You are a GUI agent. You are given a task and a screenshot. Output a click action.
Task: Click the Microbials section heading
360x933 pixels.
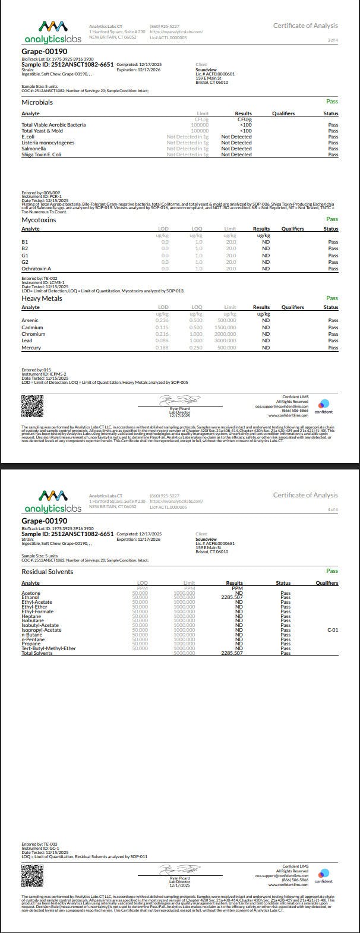[x=37, y=103]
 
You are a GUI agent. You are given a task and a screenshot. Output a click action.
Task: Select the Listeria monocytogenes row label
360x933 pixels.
[x=48, y=143]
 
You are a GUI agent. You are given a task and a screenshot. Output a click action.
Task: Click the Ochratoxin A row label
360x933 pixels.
[x=36, y=269]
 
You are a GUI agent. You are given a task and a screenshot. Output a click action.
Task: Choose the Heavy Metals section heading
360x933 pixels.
[x=42, y=298]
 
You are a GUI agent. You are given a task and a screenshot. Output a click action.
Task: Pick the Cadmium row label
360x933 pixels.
[x=32, y=327]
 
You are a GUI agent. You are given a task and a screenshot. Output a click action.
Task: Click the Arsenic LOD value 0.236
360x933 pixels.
[x=162, y=320]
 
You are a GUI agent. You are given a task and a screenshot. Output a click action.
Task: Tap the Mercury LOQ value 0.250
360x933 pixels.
[x=195, y=348]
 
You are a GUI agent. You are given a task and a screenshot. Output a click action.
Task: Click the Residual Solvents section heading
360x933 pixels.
[x=48, y=572]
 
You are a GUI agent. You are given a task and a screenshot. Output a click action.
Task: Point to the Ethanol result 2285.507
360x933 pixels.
[x=232, y=597]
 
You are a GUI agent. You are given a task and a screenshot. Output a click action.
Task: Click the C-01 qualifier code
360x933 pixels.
[x=333, y=630]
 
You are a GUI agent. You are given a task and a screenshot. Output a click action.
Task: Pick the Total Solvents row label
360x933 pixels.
[x=37, y=653]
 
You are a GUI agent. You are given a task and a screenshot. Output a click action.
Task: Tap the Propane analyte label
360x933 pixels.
[x=31, y=644]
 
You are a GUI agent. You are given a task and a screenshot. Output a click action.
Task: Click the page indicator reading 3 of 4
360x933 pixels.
[x=333, y=40]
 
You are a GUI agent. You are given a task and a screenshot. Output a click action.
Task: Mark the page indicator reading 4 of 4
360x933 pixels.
[x=333, y=509]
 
